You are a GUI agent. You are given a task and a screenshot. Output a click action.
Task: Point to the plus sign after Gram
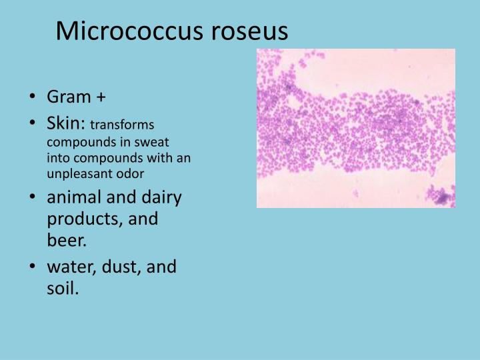coord(101,98)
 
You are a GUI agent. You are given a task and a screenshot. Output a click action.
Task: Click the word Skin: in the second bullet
coord(66,123)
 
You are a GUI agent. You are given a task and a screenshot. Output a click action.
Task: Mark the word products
coord(75,219)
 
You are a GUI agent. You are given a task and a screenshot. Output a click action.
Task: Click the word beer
coord(63,240)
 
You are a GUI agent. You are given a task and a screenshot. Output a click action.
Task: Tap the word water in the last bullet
coord(69,267)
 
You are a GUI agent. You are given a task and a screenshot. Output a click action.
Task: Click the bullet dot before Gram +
coord(33,98)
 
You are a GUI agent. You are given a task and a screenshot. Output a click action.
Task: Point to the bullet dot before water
coord(33,268)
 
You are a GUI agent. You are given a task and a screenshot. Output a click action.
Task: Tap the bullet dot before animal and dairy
coord(33,199)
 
